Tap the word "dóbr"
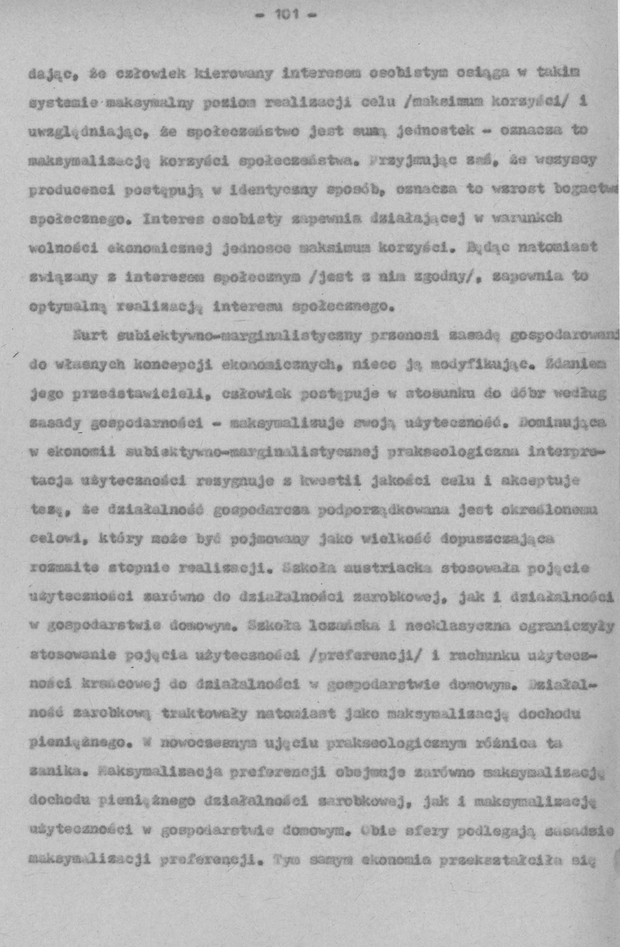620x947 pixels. (x=525, y=394)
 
